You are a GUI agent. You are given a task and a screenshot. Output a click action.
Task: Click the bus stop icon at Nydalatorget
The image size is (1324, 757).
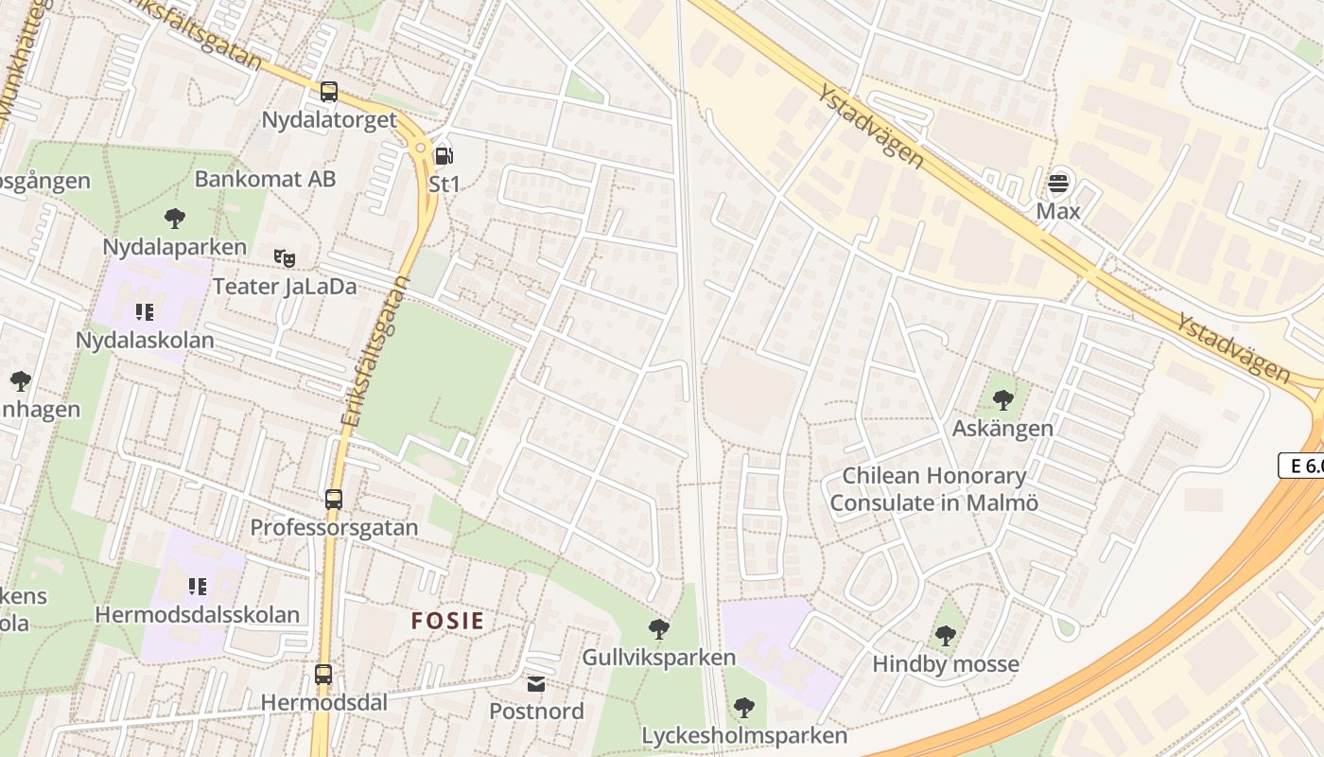click(328, 92)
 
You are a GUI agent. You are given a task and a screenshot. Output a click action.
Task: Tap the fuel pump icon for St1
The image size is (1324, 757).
click(443, 155)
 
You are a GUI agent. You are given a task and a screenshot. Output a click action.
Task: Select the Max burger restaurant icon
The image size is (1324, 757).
click(1057, 182)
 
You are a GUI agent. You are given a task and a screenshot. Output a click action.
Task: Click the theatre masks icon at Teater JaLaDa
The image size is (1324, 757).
click(284, 257)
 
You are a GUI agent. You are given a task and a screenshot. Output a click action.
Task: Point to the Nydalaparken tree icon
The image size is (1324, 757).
click(174, 219)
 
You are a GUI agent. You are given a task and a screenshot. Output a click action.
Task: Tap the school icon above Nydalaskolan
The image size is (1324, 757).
click(145, 311)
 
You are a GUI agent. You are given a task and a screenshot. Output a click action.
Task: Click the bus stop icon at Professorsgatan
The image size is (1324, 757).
click(333, 499)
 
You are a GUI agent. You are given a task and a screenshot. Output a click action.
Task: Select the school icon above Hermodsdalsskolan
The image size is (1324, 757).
click(197, 587)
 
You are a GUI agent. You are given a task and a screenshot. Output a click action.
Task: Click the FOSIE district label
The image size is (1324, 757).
click(447, 622)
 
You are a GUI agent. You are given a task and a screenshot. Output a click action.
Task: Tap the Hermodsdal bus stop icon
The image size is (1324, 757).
click(322, 675)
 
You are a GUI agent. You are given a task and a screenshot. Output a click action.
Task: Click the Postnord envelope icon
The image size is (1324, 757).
click(536, 683)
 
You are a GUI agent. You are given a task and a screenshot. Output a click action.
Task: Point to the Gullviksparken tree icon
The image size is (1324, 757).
click(658, 628)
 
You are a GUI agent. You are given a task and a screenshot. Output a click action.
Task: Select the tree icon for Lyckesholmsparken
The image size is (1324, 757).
click(743, 707)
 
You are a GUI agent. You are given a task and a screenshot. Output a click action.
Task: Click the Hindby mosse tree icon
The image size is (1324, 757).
click(945, 636)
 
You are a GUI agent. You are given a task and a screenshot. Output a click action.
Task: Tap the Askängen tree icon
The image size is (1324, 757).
click(1002, 400)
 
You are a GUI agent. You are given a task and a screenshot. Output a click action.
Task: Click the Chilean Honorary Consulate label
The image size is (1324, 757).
click(933, 489)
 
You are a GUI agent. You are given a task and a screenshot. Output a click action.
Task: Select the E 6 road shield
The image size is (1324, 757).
click(1302, 465)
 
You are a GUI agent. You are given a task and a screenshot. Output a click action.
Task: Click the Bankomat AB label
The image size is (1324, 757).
click(265, 179)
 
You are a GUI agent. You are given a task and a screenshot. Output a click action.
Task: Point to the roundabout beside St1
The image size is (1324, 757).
click(419, 147)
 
